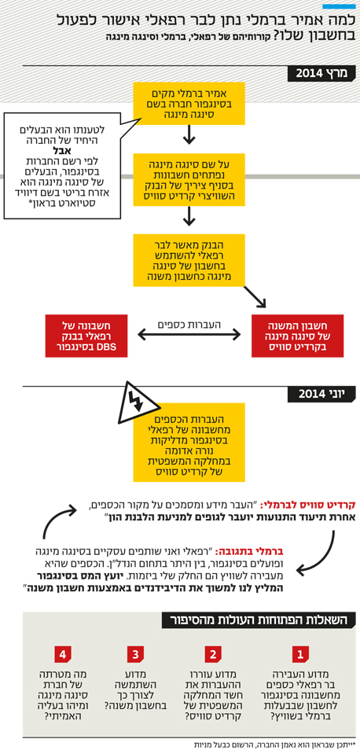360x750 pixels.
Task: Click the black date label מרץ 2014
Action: pos(322,74)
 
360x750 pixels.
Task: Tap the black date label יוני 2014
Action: pos(322,394)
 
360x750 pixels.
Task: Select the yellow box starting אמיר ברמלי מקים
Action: pos(189,103)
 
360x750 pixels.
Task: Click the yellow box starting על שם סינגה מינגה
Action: pos(189,179)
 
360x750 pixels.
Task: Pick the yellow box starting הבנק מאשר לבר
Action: pos(189,259)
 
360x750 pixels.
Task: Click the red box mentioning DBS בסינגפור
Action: pos(86,336)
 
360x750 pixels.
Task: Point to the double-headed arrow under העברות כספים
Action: pos(189,335)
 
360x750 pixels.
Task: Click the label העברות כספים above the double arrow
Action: pos(189,325)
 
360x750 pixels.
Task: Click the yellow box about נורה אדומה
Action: pos(189,442)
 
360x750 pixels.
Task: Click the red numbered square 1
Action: pos(301,654)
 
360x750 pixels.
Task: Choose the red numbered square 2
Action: pos(213,654)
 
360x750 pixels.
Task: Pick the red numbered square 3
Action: pos(135,654)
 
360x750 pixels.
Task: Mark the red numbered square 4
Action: pos(63,654)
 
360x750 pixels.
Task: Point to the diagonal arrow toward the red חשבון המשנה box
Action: pos(255,297)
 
